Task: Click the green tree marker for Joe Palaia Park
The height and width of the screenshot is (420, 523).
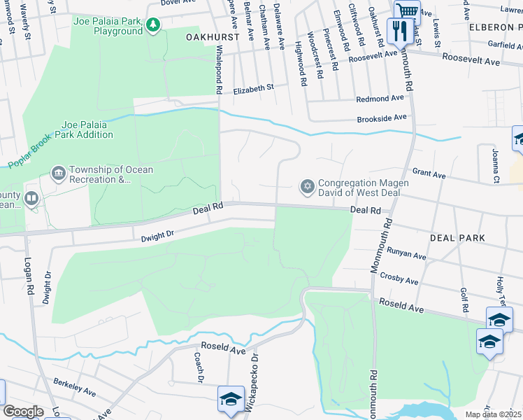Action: click(x=153, y=26)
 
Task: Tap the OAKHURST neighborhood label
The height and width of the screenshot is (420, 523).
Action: click(x=213, y=36)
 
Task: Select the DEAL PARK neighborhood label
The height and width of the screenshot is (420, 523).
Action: click(x=457, y=238)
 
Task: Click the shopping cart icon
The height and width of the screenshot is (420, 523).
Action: click(x=406, y=10)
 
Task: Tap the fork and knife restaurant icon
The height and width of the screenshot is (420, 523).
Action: click(x=399, y=30)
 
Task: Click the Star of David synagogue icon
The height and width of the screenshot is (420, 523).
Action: click(x=306, y=187)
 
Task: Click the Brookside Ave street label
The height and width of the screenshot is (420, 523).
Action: click(x=381, y=118)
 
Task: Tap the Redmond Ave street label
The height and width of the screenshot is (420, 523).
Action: click(x=380, y=99)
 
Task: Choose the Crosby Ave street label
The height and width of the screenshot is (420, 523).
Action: click(x=399, y=279)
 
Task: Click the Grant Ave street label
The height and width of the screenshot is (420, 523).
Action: click(x=429, y=173)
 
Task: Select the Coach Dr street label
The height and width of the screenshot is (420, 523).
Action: click(x=199, y=366)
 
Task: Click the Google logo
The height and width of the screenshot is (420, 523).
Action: click(x=23, y=412)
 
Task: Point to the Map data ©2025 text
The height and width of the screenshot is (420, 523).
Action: click(x=493, y=414)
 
